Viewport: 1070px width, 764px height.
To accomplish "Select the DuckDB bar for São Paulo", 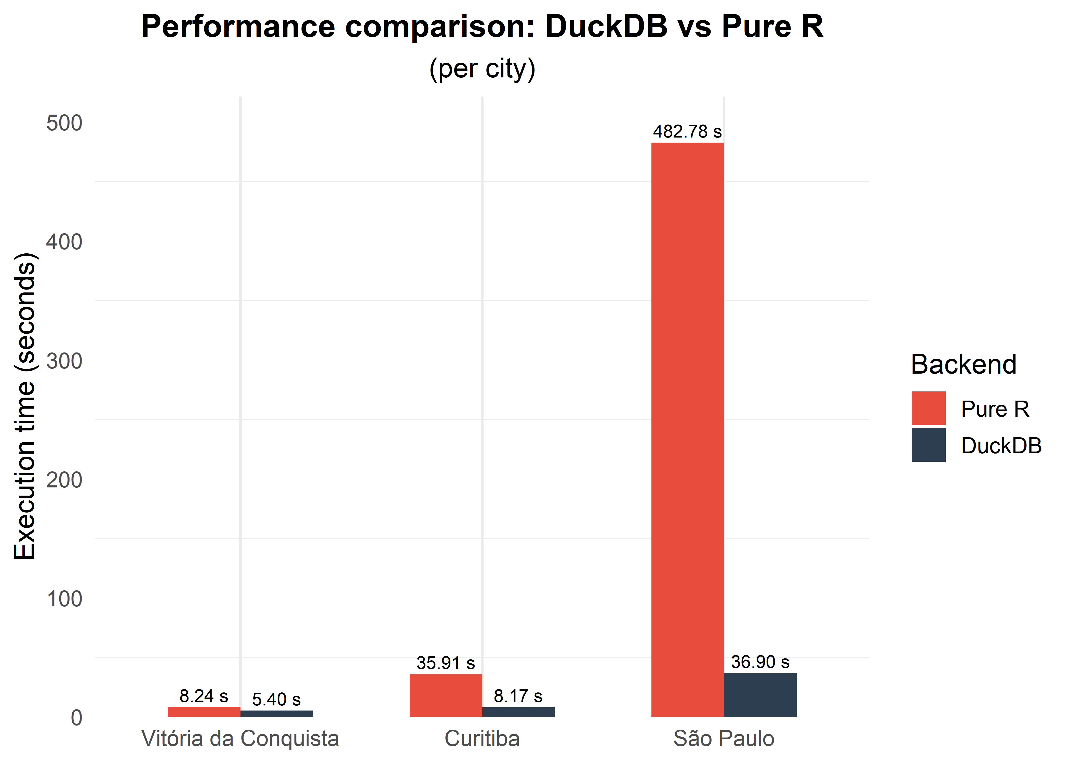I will pos(760,695).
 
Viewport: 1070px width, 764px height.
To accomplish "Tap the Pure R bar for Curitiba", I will pos(446,695).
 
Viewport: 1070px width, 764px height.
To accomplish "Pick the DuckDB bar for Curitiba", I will pos(518,712).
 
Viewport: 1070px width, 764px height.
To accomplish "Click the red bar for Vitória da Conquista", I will pos(204,712).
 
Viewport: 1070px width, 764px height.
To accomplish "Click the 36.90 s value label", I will pos(760,662).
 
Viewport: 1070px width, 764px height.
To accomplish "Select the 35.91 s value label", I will pos(446,663).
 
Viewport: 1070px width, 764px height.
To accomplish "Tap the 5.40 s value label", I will pos(276,699).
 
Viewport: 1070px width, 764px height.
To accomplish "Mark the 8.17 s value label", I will pos(518,696).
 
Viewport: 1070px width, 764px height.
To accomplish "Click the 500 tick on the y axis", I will pos(64,123).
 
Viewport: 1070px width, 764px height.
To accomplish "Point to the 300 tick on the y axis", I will pos(64,361).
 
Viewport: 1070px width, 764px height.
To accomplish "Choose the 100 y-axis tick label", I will pos(64,599).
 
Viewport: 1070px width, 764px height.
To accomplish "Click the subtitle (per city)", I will pos(482,69).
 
